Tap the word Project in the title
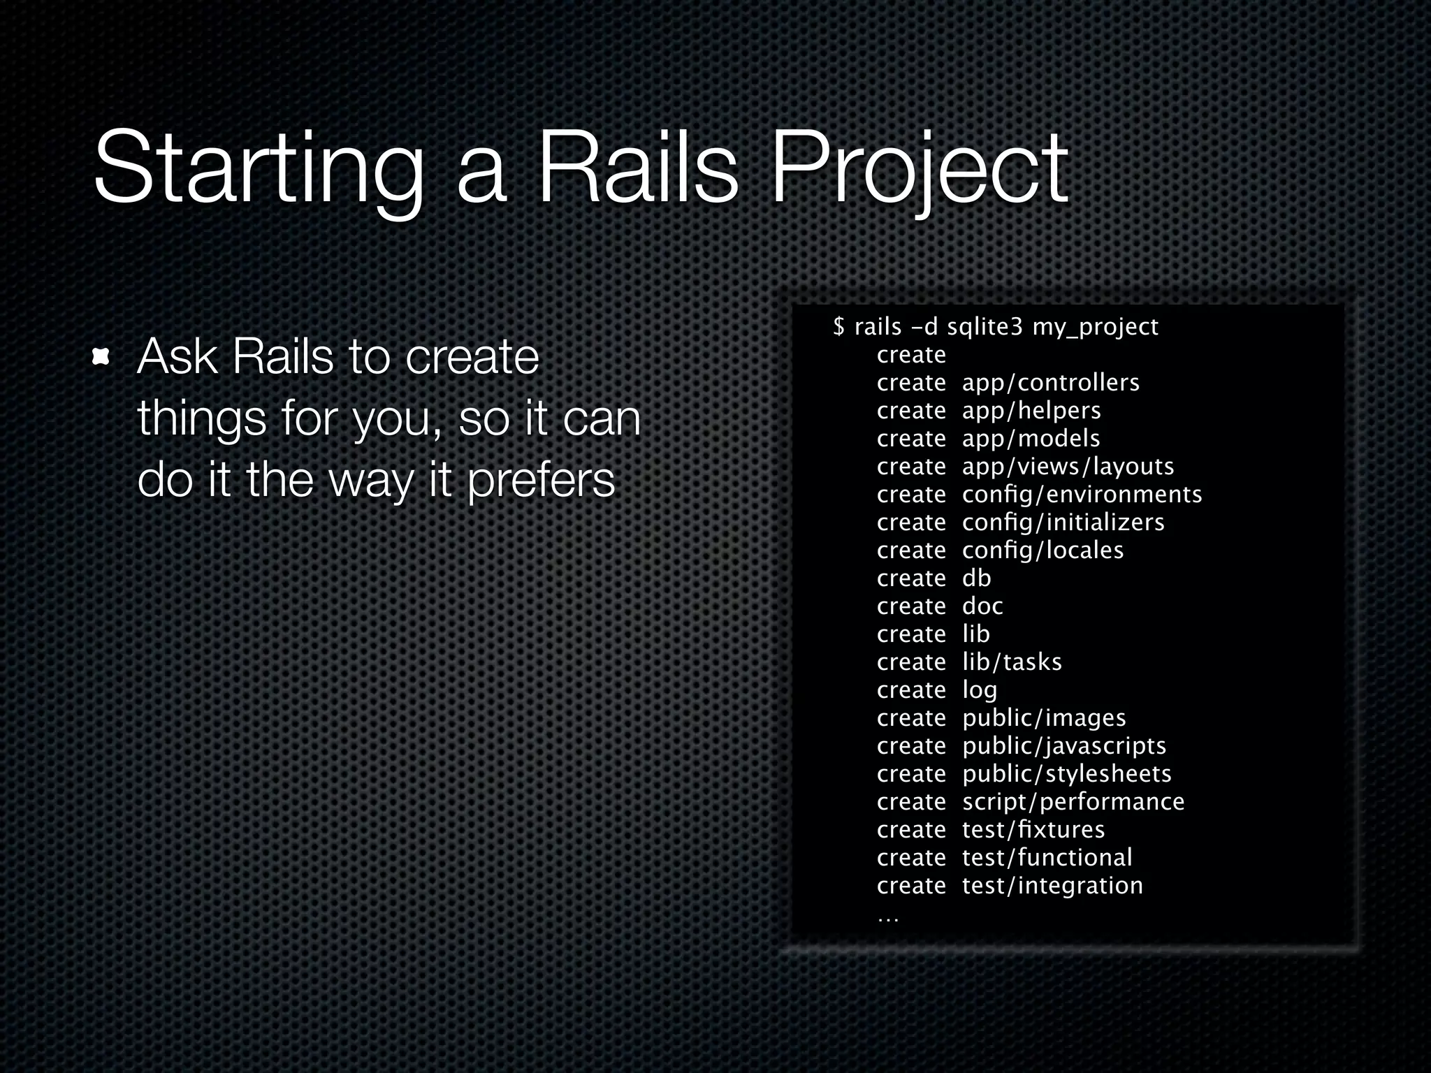pos(918,171)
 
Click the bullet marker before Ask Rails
pos(102,358)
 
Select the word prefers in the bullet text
pos(541,481)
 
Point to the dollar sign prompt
pos(838,326)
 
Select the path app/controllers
pos(1050,383)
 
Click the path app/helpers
pos(1031,411)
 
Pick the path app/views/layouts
pos(1068,467)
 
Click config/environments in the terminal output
pos(1082,495)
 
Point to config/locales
pos(1043,550)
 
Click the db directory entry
pos(976,578)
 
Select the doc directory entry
pos(982,606)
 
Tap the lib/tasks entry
pos(1012,662)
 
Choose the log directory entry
pos(980,691)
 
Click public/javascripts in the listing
pos(1064,746)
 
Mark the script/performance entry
pos(1073,802)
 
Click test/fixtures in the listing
pos(1033,830)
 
